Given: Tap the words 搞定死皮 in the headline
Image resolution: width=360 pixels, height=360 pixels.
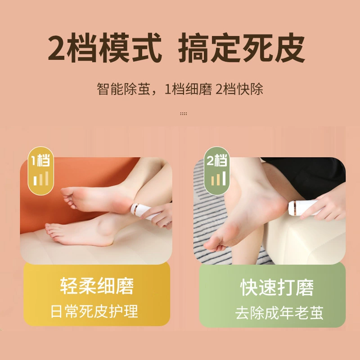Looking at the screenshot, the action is pyautogui.click(x=241, y=48).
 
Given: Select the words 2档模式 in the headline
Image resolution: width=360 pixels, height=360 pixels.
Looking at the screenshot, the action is pyautogui.click(x=105, y=48).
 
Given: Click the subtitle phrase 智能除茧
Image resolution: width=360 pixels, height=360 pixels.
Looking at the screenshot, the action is pyautogui.click(x=123, y=89).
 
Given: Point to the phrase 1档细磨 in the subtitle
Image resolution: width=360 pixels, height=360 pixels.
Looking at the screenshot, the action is pyautogui.click(x=188, y=89).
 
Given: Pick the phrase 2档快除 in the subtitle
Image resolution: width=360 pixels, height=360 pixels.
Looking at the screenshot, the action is pyautogui.click(x=239, y=89).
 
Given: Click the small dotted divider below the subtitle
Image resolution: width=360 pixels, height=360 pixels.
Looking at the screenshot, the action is pyautogui.click(x=184, y=113).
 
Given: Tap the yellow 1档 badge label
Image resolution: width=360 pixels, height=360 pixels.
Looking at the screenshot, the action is pyautogui.click(x=40, y=160).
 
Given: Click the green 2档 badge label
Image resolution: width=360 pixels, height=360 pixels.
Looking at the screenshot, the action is pyautogui.click(x=217, y=160).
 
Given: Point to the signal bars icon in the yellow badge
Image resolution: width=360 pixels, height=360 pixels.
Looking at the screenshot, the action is pyautogui.click(x=41, y=178).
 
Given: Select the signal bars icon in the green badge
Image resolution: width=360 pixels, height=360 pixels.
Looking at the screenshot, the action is pyautogui.click(x=218, y=178).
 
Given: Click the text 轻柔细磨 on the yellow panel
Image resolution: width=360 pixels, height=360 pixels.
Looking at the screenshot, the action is pyautogui.click(x=97, y=286).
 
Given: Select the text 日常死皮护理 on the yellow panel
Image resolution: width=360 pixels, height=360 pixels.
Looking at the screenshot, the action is pyautogui.click(x=94, y=311).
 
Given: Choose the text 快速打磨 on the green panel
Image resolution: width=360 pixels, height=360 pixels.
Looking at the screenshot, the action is pyautogui.click(x=277, y=287).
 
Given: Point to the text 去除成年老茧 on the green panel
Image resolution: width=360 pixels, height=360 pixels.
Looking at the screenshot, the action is pyautogui.click(x=279, y=312).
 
